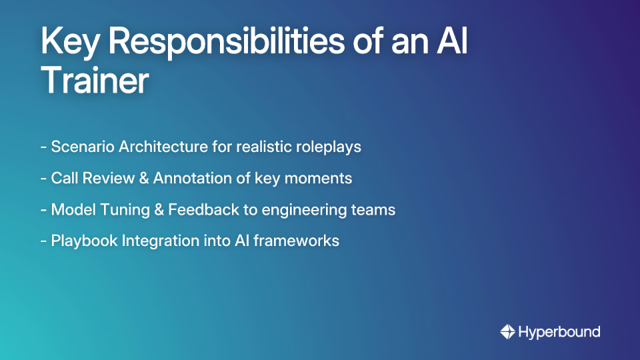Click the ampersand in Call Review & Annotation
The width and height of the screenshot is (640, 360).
coord(143,178)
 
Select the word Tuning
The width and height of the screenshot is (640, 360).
coord(121,209)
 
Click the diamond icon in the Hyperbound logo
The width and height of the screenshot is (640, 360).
coord(507,331)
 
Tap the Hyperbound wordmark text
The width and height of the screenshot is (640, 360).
coord(559,331)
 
